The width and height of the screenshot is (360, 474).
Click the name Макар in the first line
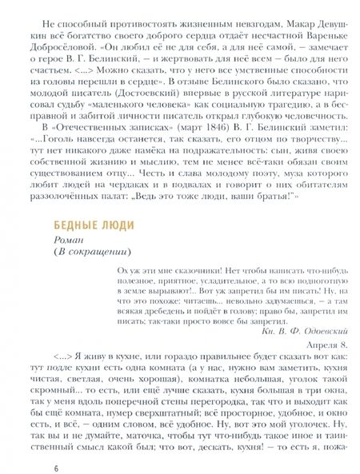tap(254, 17)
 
